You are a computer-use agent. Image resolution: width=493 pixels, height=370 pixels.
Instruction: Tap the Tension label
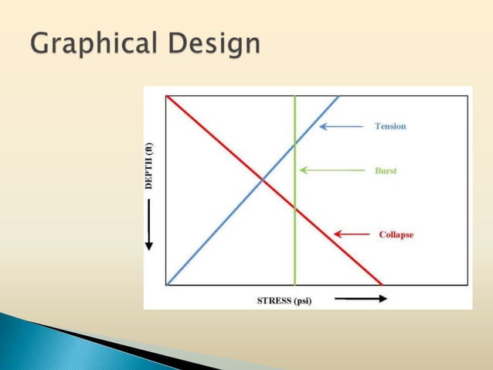390,126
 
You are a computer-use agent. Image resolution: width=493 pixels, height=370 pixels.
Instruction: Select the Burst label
386,170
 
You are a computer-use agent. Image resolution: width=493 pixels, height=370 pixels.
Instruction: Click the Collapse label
396,235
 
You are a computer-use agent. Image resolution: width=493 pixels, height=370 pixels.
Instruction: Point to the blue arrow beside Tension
341,126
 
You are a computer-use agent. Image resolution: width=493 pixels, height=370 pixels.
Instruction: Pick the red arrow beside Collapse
351,235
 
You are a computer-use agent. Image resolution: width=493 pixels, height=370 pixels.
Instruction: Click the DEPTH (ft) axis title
150,166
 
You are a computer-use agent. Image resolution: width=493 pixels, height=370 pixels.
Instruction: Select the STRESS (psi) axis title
284,300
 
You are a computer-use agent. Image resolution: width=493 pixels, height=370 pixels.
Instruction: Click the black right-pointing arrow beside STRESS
360,300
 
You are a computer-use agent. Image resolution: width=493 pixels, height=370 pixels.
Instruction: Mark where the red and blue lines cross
261,180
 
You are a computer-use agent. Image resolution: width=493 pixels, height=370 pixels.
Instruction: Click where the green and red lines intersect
294,207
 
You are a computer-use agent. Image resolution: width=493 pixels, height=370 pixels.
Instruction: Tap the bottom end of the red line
382,284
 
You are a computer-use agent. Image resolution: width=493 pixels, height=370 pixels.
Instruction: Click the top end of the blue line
338,96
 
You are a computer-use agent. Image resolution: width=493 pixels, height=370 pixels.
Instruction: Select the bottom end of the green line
294,284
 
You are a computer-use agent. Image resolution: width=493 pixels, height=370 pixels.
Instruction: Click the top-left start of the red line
168,96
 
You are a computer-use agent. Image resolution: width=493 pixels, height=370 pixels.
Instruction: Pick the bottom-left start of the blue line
168,284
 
